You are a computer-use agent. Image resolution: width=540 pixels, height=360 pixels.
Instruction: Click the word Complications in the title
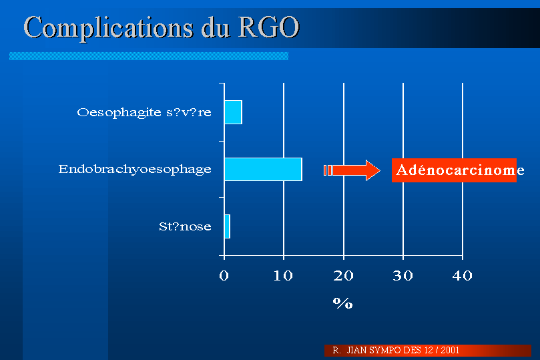109,28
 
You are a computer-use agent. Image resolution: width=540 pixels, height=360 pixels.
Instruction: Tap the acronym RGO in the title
269,27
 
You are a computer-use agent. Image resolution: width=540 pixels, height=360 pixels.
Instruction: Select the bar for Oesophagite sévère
233,112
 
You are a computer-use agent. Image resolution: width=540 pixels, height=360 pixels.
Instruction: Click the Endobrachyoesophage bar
263,169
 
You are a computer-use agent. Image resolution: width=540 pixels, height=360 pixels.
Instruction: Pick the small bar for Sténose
227,226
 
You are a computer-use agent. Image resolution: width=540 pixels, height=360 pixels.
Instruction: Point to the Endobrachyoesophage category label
135,170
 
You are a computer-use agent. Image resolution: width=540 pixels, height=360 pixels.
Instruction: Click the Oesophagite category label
144,113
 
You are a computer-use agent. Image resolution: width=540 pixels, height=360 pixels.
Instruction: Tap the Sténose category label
185,226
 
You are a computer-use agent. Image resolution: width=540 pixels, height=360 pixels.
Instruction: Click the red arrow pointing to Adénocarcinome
352,170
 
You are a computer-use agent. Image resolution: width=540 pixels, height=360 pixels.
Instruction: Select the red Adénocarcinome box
454,170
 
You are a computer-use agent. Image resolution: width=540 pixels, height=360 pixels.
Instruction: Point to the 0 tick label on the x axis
224,276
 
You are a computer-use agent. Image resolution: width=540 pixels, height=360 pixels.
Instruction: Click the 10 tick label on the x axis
283,276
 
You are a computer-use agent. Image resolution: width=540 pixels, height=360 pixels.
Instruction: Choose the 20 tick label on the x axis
343,276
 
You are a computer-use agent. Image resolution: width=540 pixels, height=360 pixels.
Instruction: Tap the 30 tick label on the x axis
403,276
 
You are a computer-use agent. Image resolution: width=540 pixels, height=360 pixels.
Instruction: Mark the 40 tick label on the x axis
463,276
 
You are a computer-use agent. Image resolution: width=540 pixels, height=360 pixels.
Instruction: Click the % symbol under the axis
343,303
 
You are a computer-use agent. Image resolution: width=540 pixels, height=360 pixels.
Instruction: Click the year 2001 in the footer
450,351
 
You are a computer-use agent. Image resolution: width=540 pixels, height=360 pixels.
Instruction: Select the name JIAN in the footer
356,351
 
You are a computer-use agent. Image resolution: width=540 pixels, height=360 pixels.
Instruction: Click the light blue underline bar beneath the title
149,56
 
